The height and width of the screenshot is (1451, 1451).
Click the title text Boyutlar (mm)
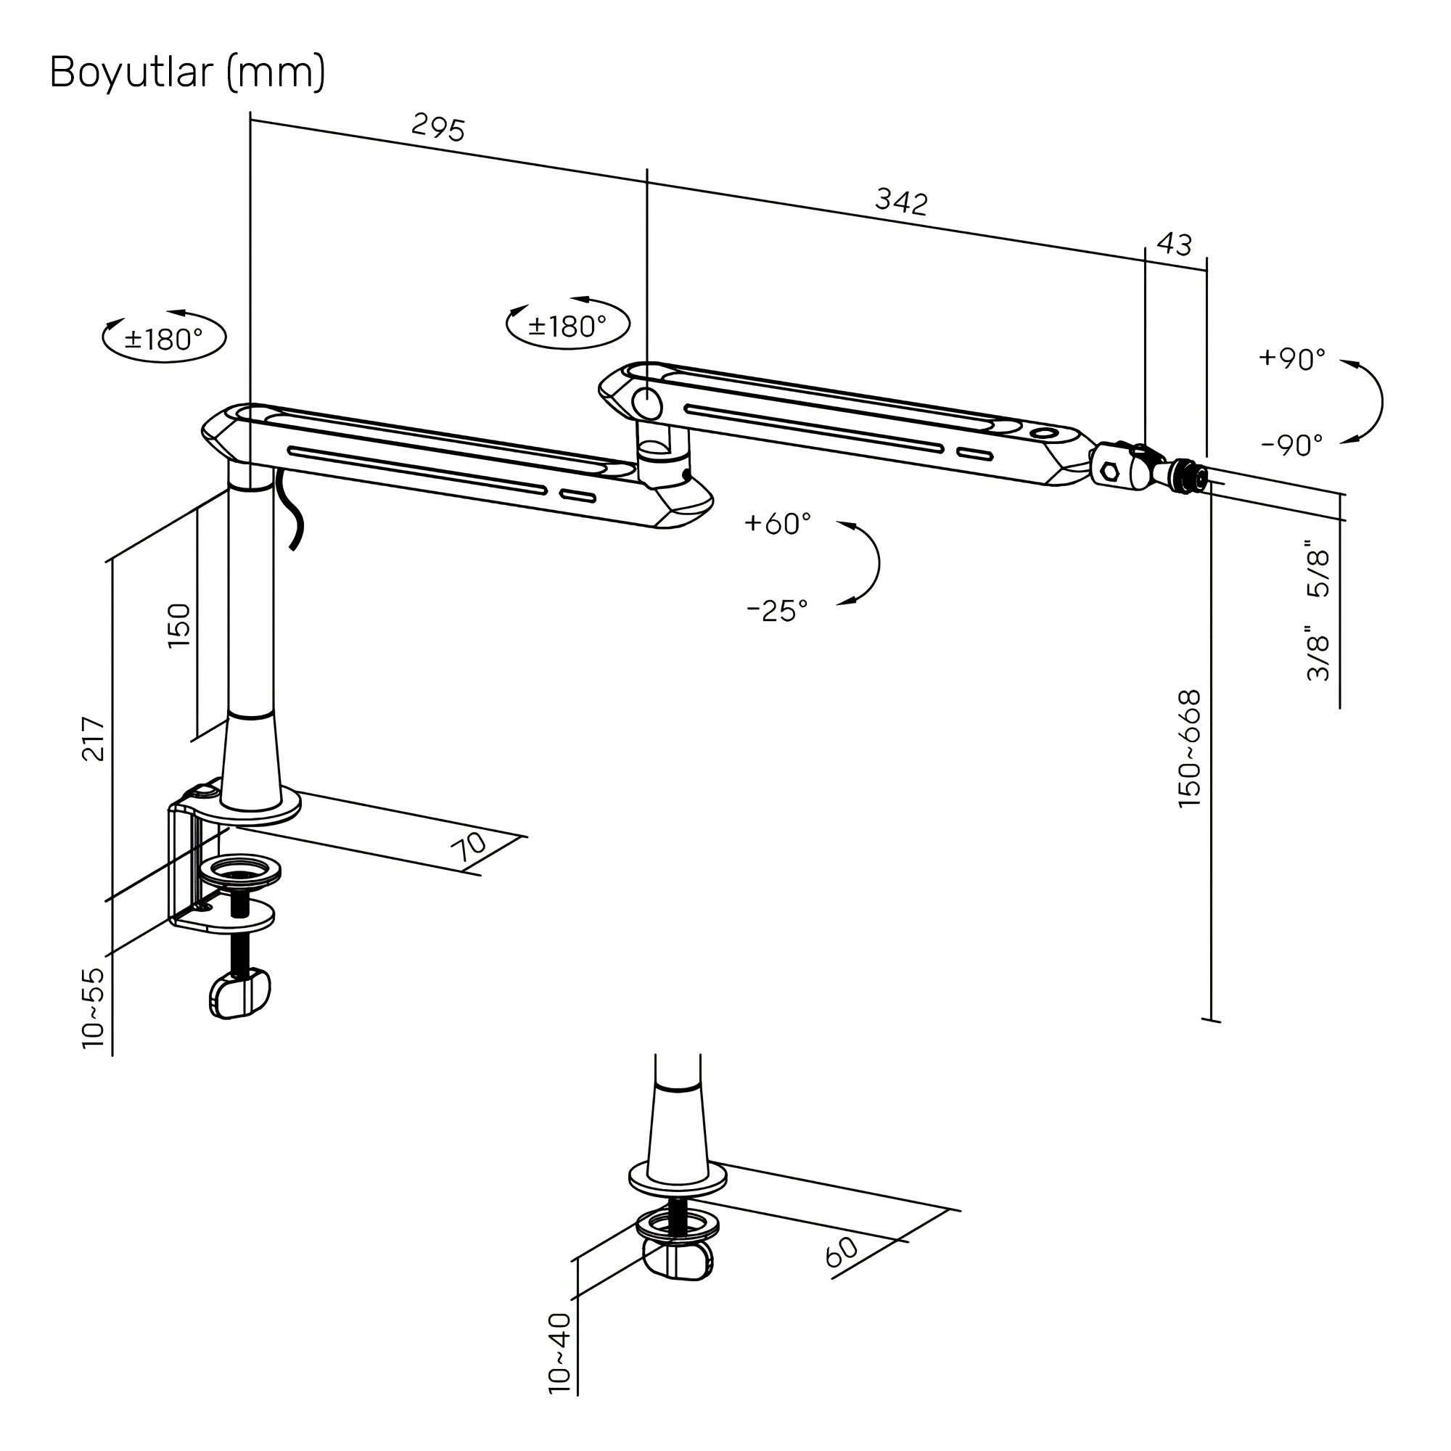coord(187,73)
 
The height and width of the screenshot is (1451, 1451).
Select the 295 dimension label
coord(439,128)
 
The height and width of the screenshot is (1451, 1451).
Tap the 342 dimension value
coord(901,201)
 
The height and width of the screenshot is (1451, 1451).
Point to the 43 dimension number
coord(1174,244)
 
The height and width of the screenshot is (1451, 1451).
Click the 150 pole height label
coord(179,625)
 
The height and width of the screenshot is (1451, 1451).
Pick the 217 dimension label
coord(94,739)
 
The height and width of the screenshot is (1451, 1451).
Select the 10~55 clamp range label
coord(93,1008)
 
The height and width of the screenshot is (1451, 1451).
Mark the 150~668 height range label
coord(1190,749)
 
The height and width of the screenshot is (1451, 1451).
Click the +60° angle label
coord(777,524)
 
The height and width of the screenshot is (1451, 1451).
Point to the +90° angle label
coord(1292,359)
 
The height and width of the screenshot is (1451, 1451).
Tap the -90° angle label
coord(1291,445)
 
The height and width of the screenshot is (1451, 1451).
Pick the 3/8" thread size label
coord(1319,655)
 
